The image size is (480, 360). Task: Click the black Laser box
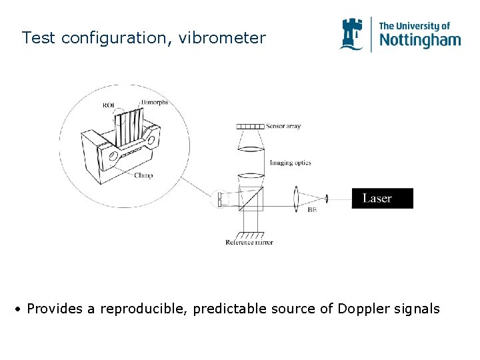pyautogui.click(x=382, y=198)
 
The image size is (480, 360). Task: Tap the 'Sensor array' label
pyautogui.click(x=283, y=126)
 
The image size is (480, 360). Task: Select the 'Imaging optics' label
pyautogui.click(x=290, y=163)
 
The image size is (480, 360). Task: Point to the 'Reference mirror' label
pyautogui.click(x=249, y=242)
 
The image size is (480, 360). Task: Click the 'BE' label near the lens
pyautogui.click(x=312, y=210)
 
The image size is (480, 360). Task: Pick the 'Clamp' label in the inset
pyautogui.click(x=143, y=175)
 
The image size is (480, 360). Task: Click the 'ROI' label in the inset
pyautogui.click(x=109, y=105)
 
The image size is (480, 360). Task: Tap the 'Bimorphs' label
pyautogui.click(x=154, y=103)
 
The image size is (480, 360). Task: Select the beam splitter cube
pyautogui.click(x=250, y=198)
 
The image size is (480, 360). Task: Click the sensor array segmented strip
pyautogui.click(x=250, y=126)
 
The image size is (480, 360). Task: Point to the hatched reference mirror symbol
pyautogui.click(x=249, y=233)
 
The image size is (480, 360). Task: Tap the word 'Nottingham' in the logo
pyautogui.click(x=419, y=40)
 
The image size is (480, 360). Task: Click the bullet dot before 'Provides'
pyautogui.click(x=20, y=309)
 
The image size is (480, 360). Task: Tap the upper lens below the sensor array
pyautogui.click(x=250, y=143)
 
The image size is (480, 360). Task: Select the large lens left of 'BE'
pyautogui.click(x=296, y=198)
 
